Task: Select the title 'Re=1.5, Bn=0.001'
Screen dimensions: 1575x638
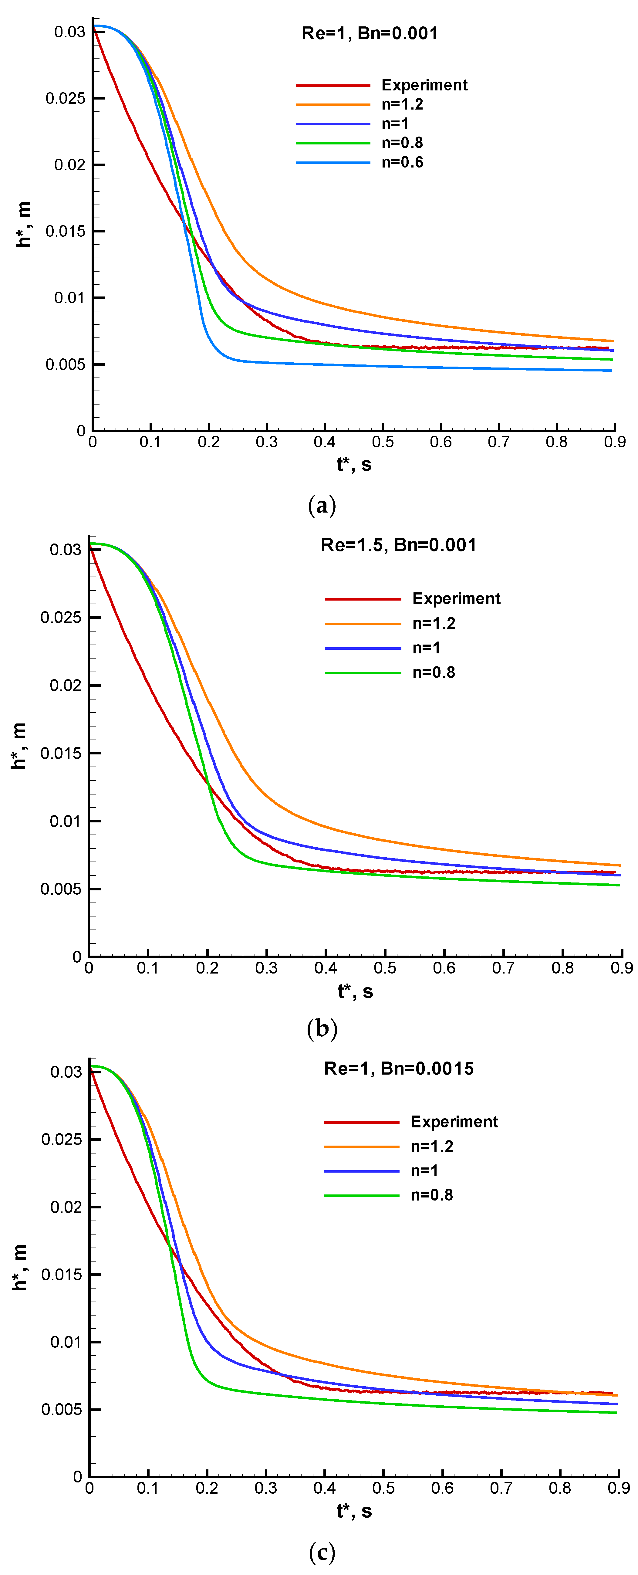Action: pos(398,545)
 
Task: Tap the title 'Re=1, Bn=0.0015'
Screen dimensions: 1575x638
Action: pos(398,1068)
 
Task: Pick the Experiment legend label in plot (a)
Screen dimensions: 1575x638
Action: pos(424,85)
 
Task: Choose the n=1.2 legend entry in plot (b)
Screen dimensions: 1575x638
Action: pos(433,623)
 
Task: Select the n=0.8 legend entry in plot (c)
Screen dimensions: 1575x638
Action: pos(431,1195)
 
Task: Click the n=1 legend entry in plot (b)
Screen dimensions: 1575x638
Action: pos(426,648)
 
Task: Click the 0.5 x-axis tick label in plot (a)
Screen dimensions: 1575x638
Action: pos(383,442)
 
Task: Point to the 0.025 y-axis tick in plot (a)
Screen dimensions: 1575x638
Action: pos(66,98)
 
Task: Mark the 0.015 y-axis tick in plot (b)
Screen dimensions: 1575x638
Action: pos(60,753)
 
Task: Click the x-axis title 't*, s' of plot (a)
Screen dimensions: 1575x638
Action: pos(354,465)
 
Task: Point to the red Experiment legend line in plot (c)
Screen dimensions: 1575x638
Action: pos(361,1122)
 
